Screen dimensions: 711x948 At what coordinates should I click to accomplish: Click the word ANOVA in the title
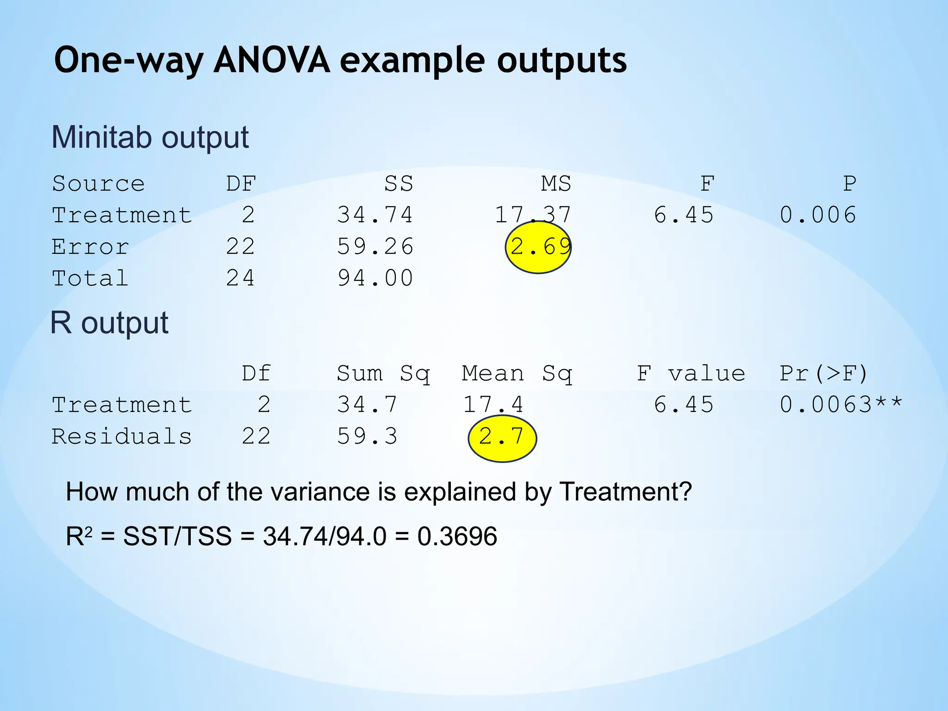click(272, 61)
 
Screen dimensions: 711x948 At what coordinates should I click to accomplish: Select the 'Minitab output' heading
click(150, 137)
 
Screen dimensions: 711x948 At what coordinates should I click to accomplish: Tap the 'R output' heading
click(109, 323)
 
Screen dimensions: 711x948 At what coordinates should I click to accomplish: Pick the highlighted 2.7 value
click(502, 437)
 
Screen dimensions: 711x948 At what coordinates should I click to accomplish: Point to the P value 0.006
click(818, 215)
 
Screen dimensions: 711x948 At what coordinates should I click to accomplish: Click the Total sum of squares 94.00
click(375, 279)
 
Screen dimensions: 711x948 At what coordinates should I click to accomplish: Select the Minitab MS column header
click(556, 184)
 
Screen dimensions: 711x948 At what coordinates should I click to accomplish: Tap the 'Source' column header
click(98, 184)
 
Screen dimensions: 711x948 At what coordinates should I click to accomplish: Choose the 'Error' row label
click(90, 247)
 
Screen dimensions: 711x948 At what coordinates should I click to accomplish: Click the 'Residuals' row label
click(122, 437)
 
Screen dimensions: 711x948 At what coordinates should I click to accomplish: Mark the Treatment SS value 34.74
click(375, 215)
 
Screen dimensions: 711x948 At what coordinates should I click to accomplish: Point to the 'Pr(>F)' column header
click(823, 374)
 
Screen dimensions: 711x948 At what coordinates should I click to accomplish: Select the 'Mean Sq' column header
click(517, 374)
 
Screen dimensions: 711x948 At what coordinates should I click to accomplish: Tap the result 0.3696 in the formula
click(457, 536)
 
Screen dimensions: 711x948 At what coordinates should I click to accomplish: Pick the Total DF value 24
click(240, 279)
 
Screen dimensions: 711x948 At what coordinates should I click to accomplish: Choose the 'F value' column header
click(691, 374)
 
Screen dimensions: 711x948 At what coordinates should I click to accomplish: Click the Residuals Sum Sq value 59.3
click(367, 437)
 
